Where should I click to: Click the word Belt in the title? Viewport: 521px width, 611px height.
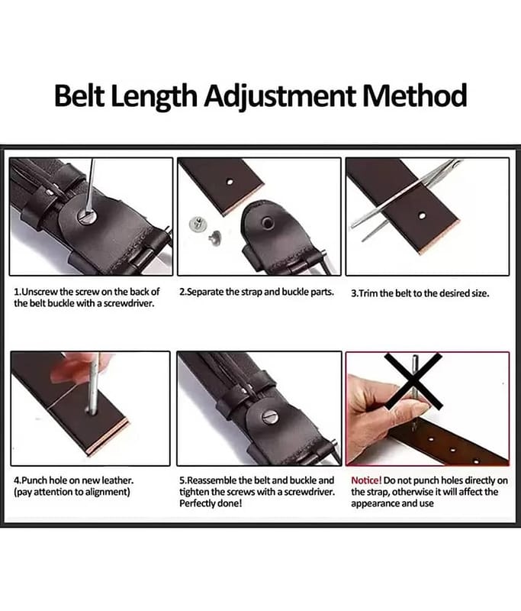[x=80, y=96]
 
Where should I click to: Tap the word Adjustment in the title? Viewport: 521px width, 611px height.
[x=280, y=97]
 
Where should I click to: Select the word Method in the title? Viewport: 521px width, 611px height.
[x=415, y=95]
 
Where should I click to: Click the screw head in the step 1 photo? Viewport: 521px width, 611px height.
[x=86, y=215]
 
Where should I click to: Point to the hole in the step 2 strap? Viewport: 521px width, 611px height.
[x=230, y=182]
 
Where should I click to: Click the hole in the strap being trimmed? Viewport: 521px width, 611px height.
[x=422, y=215]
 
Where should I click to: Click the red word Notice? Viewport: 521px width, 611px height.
[x=366, y=480]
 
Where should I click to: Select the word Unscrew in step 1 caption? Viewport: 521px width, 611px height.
[x=40, y=292]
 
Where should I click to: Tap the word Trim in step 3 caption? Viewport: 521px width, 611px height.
[x=366, y=293]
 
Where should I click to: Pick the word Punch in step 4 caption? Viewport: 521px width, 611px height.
[x=34, y=480]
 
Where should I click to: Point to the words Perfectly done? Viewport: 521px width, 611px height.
[x=211, y=503]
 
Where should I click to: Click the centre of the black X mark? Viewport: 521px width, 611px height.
[x=413, y=380]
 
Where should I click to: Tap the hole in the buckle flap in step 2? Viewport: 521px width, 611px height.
[x=267, y=223]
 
